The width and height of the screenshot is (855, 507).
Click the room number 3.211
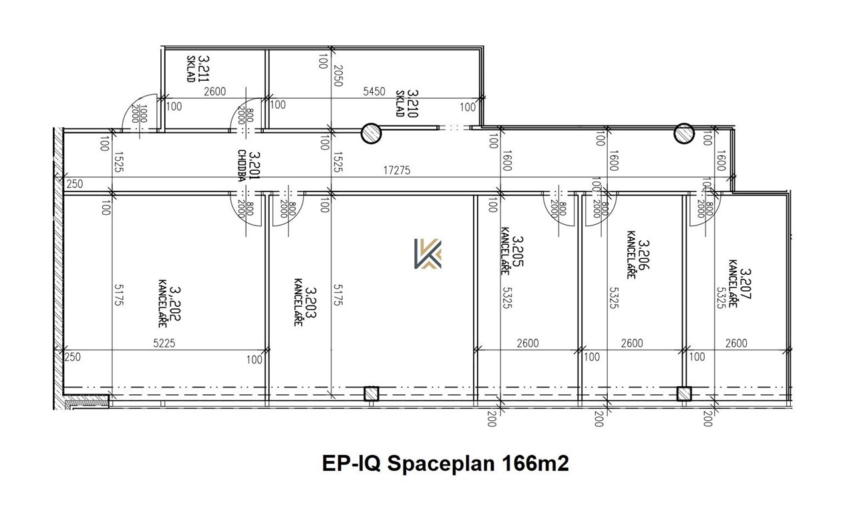[204, 69]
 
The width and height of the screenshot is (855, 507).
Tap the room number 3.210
[413, 103]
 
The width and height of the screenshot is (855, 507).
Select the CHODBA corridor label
[242, 165]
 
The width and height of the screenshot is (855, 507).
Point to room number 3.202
[175, 304]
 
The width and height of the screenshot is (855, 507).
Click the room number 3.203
[311, 302]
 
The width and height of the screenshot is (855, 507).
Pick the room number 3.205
[518, 251]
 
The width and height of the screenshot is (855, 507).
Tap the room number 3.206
[643, 254]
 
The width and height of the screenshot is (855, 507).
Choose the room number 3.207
[745, 284]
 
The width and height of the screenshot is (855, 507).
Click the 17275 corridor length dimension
[397, 170]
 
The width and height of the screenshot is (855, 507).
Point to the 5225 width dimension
[164, 343]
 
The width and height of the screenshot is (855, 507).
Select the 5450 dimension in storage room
[374, 91]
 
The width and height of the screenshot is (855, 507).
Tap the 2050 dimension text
[338, 76]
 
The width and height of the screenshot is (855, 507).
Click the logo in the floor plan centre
[428, 253]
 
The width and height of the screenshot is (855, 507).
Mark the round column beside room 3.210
[371, 133]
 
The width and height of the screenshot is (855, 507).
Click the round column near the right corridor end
[684, 133]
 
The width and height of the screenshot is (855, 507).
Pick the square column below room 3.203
[371, 394]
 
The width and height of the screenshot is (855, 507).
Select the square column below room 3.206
[684, 394]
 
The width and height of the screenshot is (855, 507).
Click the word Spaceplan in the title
[442, 464]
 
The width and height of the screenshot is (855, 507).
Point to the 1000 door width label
[143, 113]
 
